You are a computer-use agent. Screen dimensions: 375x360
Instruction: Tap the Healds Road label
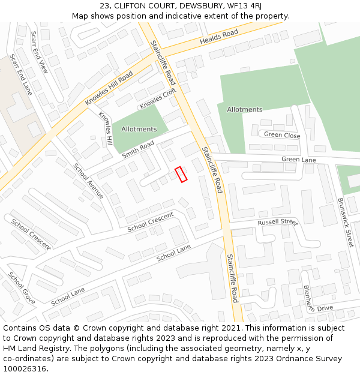(x=219, y=37)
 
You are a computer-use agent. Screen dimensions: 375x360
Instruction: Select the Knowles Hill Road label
(x=109, y=88)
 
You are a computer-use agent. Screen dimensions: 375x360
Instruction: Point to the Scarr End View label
(x=39, y=52)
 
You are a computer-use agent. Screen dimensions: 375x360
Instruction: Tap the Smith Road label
(x=138, y=149)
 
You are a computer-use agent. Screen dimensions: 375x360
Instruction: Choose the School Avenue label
(x=88, y=181)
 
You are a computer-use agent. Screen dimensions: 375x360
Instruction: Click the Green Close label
(x=282, y=136)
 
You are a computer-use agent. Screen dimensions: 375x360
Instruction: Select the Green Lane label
(x=299, y=160)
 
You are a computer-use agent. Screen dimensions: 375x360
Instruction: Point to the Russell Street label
(x=277, y=223)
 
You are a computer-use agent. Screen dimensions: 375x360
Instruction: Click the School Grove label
(x=22, y=288)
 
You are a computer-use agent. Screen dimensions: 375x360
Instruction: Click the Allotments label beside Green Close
(x=245, y=110)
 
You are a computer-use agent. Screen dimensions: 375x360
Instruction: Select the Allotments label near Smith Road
(x=139, y=129)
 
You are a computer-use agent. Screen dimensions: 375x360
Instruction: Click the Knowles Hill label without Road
(x=106, y=129)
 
